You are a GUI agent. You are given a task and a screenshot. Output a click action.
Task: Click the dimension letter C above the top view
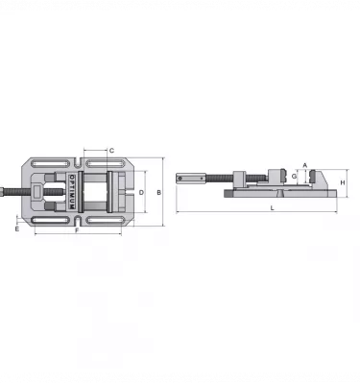111,151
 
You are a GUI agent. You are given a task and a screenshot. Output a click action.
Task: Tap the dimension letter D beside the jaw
141,193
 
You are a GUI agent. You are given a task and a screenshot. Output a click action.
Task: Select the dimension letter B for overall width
158,193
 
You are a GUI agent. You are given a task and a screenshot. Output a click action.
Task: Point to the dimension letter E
17,229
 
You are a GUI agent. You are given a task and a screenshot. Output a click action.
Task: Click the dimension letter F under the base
77,230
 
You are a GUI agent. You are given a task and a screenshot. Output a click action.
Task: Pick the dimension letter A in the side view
305,165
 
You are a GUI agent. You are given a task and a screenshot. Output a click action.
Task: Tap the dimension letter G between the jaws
294,177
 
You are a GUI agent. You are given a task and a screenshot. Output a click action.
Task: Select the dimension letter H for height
343,183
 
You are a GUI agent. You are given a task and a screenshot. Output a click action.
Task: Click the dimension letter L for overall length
273,208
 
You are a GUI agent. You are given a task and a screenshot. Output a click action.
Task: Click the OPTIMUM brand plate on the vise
72,192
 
